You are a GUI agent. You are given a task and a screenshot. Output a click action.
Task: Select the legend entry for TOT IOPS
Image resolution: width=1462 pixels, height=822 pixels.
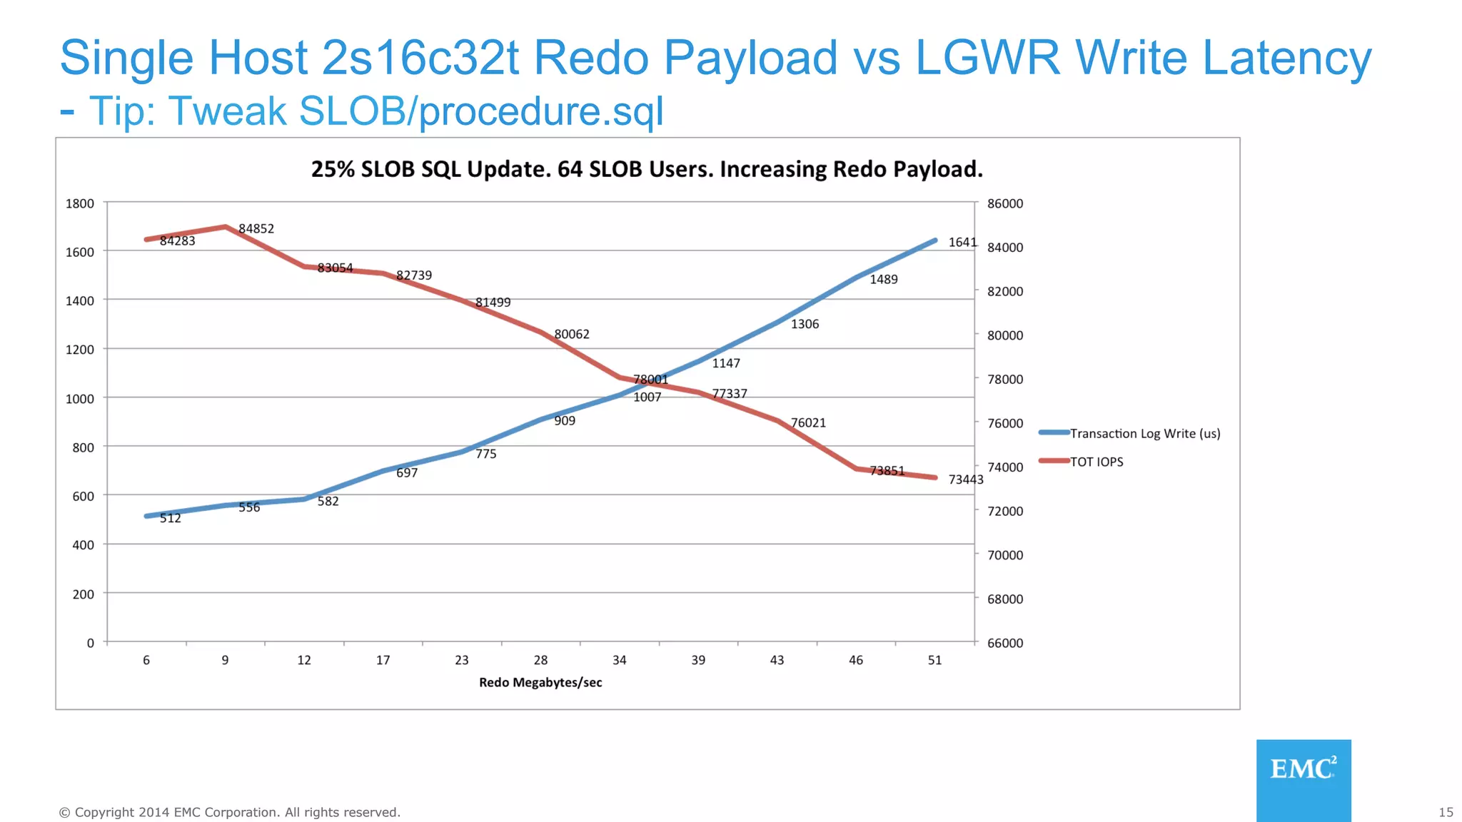1096,462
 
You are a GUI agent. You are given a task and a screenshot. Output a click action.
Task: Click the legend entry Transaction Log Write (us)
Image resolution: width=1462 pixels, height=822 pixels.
1144,433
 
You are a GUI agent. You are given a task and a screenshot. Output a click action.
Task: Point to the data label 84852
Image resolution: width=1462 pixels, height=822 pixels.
256,228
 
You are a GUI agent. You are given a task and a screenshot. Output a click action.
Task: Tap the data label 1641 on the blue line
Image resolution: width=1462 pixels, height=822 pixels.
962,242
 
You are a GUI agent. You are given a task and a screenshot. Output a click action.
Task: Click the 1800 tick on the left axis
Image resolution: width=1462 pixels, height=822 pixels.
80,203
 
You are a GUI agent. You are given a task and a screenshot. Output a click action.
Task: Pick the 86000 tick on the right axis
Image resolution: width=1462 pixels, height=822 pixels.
1005,203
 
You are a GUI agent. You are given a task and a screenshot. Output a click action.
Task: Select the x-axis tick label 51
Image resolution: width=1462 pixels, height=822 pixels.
934,660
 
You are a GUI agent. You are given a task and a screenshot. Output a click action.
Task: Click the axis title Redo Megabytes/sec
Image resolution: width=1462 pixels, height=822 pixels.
540,682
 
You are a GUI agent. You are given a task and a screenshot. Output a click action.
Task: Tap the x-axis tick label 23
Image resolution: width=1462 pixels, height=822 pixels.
462,660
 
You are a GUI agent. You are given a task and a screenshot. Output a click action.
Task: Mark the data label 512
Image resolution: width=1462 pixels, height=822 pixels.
170,518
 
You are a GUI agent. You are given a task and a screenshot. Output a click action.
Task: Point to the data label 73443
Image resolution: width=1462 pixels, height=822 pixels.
965,479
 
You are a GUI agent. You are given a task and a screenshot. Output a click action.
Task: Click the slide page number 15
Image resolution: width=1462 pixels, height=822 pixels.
1446,812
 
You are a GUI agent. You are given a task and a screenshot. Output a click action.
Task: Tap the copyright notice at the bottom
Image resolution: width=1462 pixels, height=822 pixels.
229,812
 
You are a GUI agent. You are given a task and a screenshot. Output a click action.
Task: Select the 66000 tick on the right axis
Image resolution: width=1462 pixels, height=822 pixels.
1005,643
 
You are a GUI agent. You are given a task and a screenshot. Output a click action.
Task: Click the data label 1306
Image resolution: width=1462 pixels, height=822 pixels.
805,324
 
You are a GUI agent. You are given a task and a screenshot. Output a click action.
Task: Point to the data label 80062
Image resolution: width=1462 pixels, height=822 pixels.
572,334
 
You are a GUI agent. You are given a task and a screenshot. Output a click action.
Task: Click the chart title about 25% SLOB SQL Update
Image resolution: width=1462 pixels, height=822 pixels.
647,169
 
